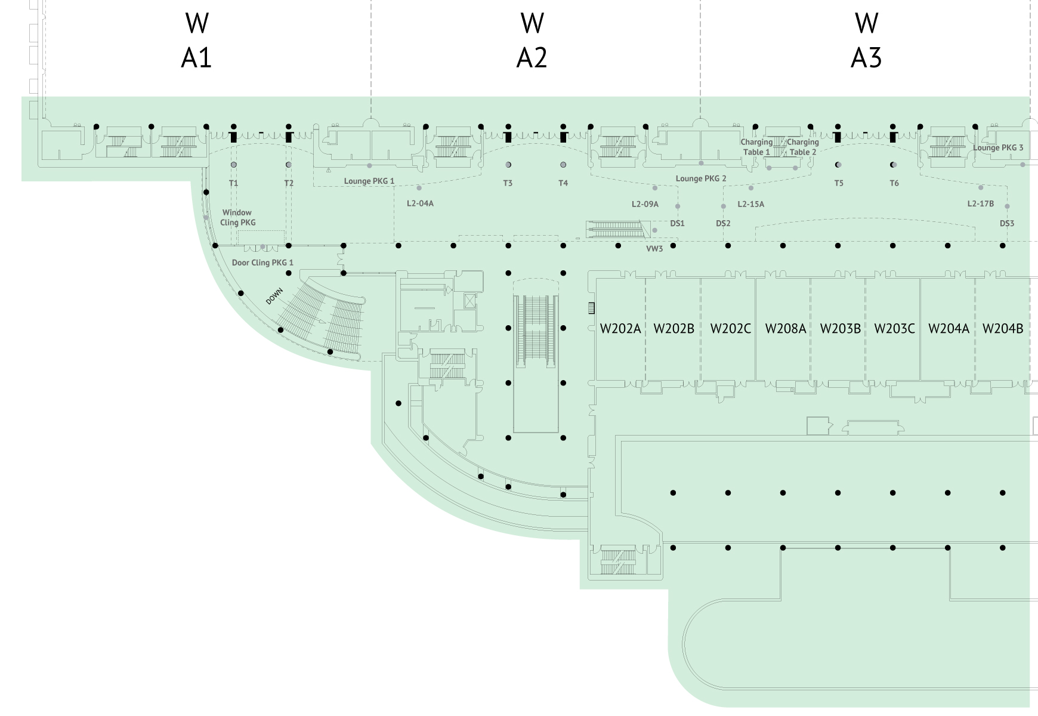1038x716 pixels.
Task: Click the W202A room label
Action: (x=620, y=329)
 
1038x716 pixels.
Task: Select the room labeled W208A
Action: (x=785, y=329)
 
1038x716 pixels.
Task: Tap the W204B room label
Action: (x=1002, y=329)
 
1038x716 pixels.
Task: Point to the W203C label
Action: (x=894, y=329)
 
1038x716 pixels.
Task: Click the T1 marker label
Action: (x=233, y=183)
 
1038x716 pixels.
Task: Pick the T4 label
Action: (x=563, y=183)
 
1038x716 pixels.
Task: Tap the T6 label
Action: (x=894, y=183)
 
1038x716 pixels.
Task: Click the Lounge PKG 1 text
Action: (x=369, y=181)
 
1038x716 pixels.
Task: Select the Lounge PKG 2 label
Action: (x=700, y=178)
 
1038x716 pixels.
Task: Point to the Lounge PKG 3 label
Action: (x=997, y=148)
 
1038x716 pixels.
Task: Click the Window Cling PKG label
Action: (x=237, y=217)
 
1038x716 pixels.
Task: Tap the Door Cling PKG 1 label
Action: (x=262, y=263)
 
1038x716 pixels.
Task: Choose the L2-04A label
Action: (x=420, y=203)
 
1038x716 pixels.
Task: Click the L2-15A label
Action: (x=750, y=204)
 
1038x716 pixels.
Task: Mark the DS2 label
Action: (x=723, y=223)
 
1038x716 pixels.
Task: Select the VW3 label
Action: (x=654, y=249)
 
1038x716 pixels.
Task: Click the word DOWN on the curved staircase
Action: (x=274, y=297)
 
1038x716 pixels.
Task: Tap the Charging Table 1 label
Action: (x=756, y=147)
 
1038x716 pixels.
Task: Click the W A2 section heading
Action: (x=532, y=41)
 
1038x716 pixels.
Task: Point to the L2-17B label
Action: (x=980, y=204)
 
